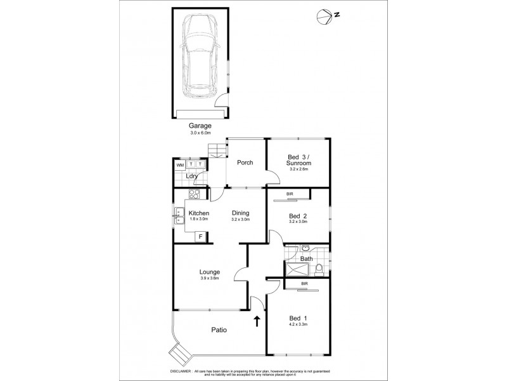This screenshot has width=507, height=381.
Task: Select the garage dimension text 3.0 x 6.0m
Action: [201, 133]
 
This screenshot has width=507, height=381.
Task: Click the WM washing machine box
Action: [180, 164]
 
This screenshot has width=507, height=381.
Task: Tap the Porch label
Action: [245, 163]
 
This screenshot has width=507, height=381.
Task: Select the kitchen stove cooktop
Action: [196, 196]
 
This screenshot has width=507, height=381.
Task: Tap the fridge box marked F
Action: [200, 237]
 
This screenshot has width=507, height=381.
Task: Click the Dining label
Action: [240, 213]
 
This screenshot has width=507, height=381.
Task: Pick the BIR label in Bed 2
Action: [290, 194]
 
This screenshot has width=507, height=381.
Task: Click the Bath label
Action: [306, 258]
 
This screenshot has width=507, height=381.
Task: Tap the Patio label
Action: [219, 330]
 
